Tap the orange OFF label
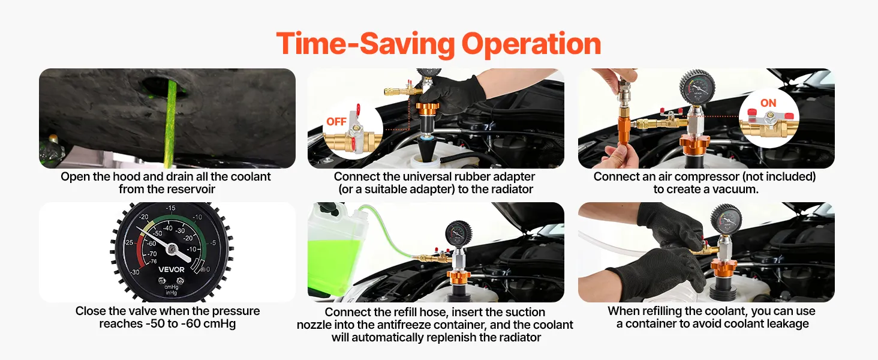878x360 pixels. (336, 122)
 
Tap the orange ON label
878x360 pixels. (768, 103)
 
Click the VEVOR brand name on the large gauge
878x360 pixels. (172, 269)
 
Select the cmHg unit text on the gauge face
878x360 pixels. (172, 287)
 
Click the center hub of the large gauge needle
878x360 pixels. (172, 248)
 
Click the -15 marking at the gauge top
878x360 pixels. (170, 208)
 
